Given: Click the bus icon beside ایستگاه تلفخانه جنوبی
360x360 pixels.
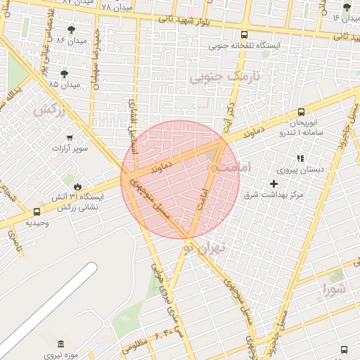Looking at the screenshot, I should [244, 34].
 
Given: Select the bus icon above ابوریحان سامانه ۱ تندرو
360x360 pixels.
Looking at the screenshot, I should [301, 111].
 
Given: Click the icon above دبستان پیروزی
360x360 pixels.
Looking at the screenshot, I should [301, 158].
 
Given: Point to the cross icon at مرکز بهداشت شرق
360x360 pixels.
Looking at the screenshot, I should [274, 183].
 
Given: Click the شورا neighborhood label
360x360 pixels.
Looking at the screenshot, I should [334, 288].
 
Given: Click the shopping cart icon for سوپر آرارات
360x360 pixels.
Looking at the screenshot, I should [69, 138].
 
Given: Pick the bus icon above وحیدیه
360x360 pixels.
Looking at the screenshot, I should [37, 212].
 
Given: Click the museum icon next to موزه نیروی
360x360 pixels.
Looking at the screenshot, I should [60, 343].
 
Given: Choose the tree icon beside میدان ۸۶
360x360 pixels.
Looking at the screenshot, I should [71, 30].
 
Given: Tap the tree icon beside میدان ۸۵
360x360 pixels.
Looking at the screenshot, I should [65, 73].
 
